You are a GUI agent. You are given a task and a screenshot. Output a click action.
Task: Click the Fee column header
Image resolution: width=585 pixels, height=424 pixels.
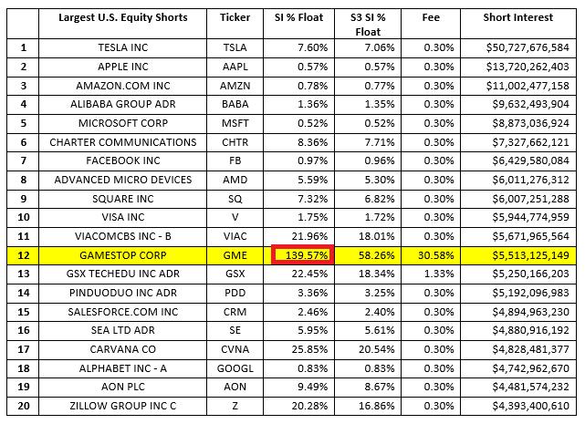[438, 18]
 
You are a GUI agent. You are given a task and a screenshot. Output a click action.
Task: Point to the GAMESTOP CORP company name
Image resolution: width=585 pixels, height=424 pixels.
[123, 257]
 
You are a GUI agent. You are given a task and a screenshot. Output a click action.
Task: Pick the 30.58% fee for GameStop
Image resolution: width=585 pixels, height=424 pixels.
[438, 257]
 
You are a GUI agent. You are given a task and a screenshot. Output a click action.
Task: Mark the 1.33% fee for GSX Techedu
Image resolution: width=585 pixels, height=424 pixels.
[438, 275]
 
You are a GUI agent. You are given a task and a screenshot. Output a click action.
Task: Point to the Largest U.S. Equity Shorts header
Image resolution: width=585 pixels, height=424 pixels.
[123, 18]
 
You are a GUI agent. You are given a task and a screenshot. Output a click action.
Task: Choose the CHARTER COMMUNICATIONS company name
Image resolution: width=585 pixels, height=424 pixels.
[123, 142]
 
